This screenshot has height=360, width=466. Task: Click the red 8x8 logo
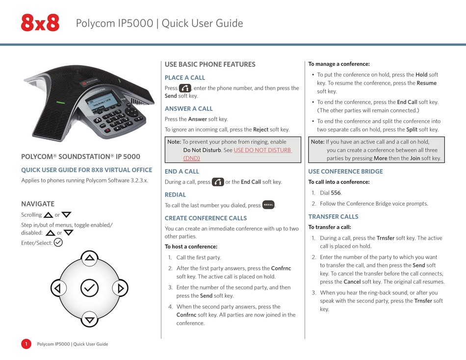(40, 23)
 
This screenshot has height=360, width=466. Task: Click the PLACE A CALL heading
(185, 77)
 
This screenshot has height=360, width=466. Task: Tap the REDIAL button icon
(268, 205)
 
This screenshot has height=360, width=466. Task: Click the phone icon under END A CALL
(218, 182)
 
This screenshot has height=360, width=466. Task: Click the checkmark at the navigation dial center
(89, 288)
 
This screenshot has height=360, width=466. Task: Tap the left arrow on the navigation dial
(58, 288)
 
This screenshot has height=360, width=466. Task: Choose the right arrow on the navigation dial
(119, 288)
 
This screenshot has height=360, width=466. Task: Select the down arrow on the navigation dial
(89, 319)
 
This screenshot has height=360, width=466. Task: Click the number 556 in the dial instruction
(336, 193)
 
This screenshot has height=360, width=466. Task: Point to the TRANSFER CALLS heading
(333, 216)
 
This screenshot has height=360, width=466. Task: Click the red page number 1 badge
(26, 344)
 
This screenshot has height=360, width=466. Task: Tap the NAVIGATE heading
(38, 204)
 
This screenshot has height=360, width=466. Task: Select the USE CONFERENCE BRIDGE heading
(345, 171)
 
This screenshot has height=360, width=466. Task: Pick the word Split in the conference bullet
(412, 129)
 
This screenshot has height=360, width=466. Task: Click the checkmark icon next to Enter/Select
(58, 242)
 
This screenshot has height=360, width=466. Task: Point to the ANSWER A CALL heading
(189, 108)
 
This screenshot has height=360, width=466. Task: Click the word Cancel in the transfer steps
(352, 282)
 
